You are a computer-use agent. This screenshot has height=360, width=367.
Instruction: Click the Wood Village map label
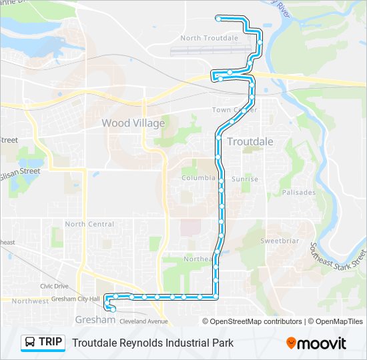pos(133,123)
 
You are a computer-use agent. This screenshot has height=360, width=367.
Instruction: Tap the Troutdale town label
pos(250,141)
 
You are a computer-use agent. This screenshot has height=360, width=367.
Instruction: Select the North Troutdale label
pos(209,38)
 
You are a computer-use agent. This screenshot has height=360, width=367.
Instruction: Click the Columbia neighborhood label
pos(199,178)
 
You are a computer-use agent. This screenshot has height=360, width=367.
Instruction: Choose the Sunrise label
pos(244,179)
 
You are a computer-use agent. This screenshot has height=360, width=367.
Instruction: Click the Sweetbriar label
pos(278,241)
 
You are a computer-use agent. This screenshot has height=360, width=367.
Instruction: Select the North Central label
pos(89,225)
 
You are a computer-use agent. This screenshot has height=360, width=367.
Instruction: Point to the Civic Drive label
pos(55,286)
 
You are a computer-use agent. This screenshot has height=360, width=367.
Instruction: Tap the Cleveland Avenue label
pos(143,321)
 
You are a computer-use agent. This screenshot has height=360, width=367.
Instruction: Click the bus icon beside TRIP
pos(31,343)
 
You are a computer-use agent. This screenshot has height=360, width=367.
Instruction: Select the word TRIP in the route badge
pos(51,343)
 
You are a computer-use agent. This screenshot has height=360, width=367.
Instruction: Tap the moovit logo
pos(316,343)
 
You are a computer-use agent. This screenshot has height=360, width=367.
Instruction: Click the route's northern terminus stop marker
pos(218,18)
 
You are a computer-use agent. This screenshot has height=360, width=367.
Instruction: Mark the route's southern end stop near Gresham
pos(113,309)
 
